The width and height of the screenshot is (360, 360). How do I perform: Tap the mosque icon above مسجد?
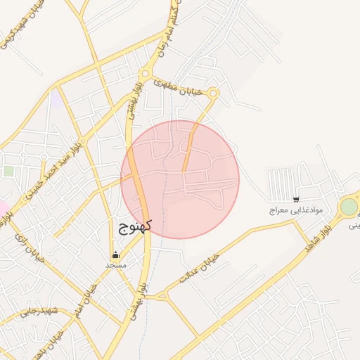(115, 255)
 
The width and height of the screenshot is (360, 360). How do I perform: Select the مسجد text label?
(115, 265)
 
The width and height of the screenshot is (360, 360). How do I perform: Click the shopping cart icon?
(295, 200)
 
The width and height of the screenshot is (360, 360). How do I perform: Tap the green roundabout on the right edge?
(349, 207)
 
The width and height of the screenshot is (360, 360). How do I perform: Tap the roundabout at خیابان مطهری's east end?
(213, 92)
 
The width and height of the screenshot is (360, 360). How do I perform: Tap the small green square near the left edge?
(8, 170)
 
